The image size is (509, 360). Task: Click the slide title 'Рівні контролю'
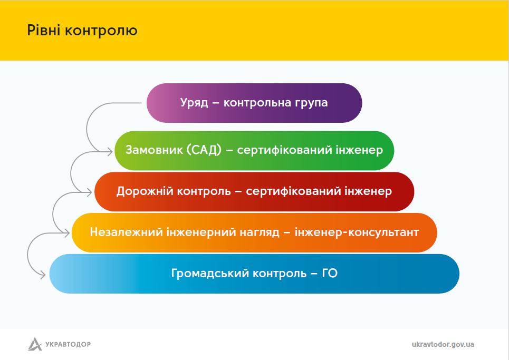[x=82, y=31]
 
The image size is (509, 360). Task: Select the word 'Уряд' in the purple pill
[x=194, y=103]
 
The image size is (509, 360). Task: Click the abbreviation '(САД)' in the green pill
[x=204, y=150]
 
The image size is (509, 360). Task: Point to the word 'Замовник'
[x=154, y=150]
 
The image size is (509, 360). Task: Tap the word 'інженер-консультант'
[x=357, y=232]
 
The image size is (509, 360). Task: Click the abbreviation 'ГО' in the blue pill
[x=330, y=274]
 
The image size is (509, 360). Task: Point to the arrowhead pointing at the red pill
[x=89, y=192]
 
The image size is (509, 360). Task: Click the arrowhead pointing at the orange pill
[x=67, y=233]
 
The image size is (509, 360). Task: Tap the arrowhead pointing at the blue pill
[x=43, y=275]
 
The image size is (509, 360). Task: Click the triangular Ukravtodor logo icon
[x=35, y=344]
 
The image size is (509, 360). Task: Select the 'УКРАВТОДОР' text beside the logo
[x=68, y=344]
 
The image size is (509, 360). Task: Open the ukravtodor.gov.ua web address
[x=443, y=344]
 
